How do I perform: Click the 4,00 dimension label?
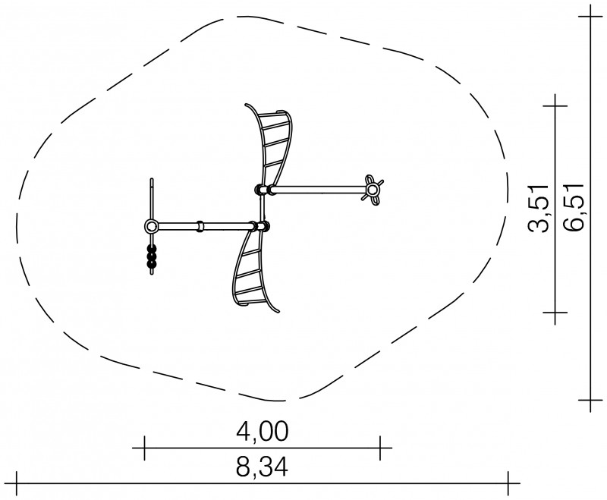tap(262, 432)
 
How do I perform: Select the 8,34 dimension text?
tap(262, 467)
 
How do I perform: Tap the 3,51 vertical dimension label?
tap(539, 209)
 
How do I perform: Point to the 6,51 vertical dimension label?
tap(573, 206)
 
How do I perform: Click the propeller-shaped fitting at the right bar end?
tap(373, 190)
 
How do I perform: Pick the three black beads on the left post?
tap(152, 256)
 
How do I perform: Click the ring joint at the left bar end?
tap(150, 225)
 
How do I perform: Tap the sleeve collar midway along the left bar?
tap(200, 226)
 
